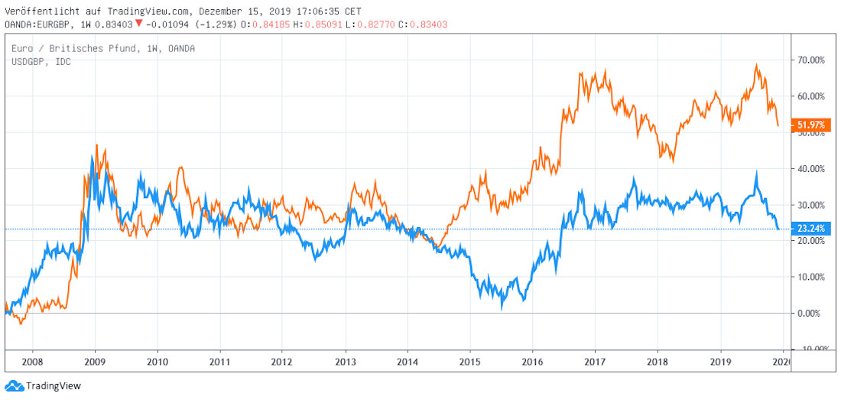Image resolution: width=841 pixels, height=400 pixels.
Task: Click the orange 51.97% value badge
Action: point(810,125)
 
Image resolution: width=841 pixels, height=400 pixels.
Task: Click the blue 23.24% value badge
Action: point(810,229)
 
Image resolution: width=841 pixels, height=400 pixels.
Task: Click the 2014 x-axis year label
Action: point(408,361)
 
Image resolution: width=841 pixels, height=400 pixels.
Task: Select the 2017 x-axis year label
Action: point(596,361)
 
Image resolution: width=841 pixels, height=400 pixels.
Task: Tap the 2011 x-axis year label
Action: point(219,361)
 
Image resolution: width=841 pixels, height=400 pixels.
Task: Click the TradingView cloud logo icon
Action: point(14,386)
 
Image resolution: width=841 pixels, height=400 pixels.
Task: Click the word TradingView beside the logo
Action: point(54,386)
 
